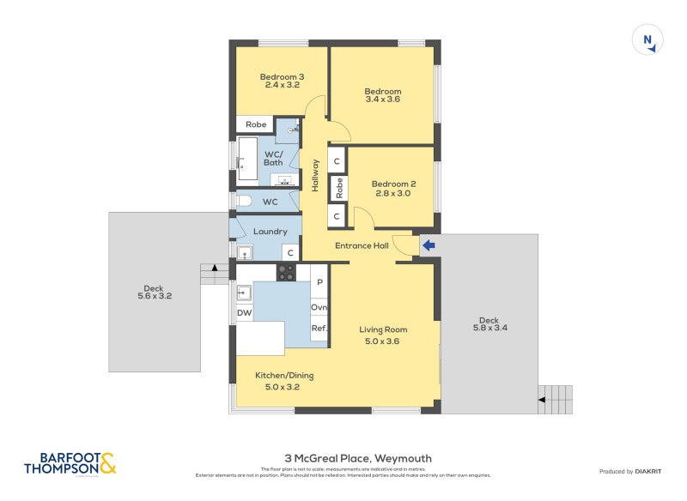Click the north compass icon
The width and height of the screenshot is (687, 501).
(x=647, y=40)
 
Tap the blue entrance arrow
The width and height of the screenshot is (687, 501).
(x=428, y=246)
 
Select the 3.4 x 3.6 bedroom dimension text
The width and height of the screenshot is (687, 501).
(x=382, y=100)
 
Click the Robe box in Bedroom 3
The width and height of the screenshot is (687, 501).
(x=256, y=124)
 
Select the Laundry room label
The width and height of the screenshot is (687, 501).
(x=270, y=231)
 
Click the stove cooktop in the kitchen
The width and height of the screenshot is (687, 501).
(x=286, y=273)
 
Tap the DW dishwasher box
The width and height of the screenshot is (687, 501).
(x=245, y=313)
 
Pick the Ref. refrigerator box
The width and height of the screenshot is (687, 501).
(x=319, y=329)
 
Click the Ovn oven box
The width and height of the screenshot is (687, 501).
(x=319, y=306)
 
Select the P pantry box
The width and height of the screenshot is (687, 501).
(x=319, y=282)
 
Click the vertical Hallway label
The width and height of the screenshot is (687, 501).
(x=315, y=175)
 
